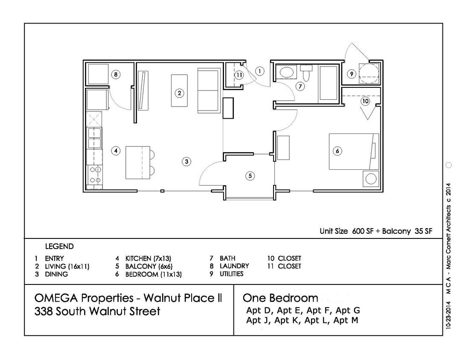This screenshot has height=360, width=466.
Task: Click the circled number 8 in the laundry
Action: pos(115,75)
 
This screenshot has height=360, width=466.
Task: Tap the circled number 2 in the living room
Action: pos(180,93)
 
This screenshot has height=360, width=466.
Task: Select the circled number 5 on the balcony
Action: pos(250,175)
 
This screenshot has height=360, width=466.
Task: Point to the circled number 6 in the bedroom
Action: pos(337,151)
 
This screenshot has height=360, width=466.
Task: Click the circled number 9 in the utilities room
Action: pos(351,74)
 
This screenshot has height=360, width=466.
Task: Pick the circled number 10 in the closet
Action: pos(365,102)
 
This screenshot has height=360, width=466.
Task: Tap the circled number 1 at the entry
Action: pos(260,71)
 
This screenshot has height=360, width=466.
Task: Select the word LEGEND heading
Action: pos(59,247)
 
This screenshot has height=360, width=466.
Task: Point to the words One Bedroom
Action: pos(280,298)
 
